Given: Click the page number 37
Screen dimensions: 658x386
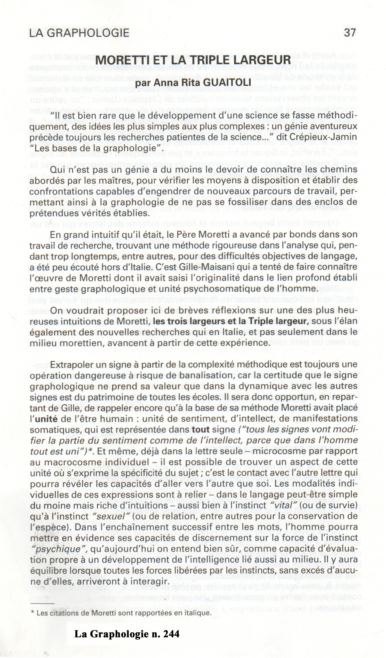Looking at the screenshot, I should tap(350, 33).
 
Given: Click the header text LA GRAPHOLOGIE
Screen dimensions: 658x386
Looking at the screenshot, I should tap(79, 33).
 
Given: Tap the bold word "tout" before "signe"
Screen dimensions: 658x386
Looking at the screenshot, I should tap(200, 430).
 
